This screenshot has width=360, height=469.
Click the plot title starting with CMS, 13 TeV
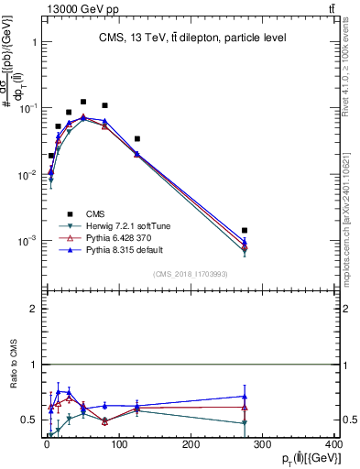coord(192,38)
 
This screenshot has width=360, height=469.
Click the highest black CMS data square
coord(83,103)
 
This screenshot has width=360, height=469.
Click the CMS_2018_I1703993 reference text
coord(191,274)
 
